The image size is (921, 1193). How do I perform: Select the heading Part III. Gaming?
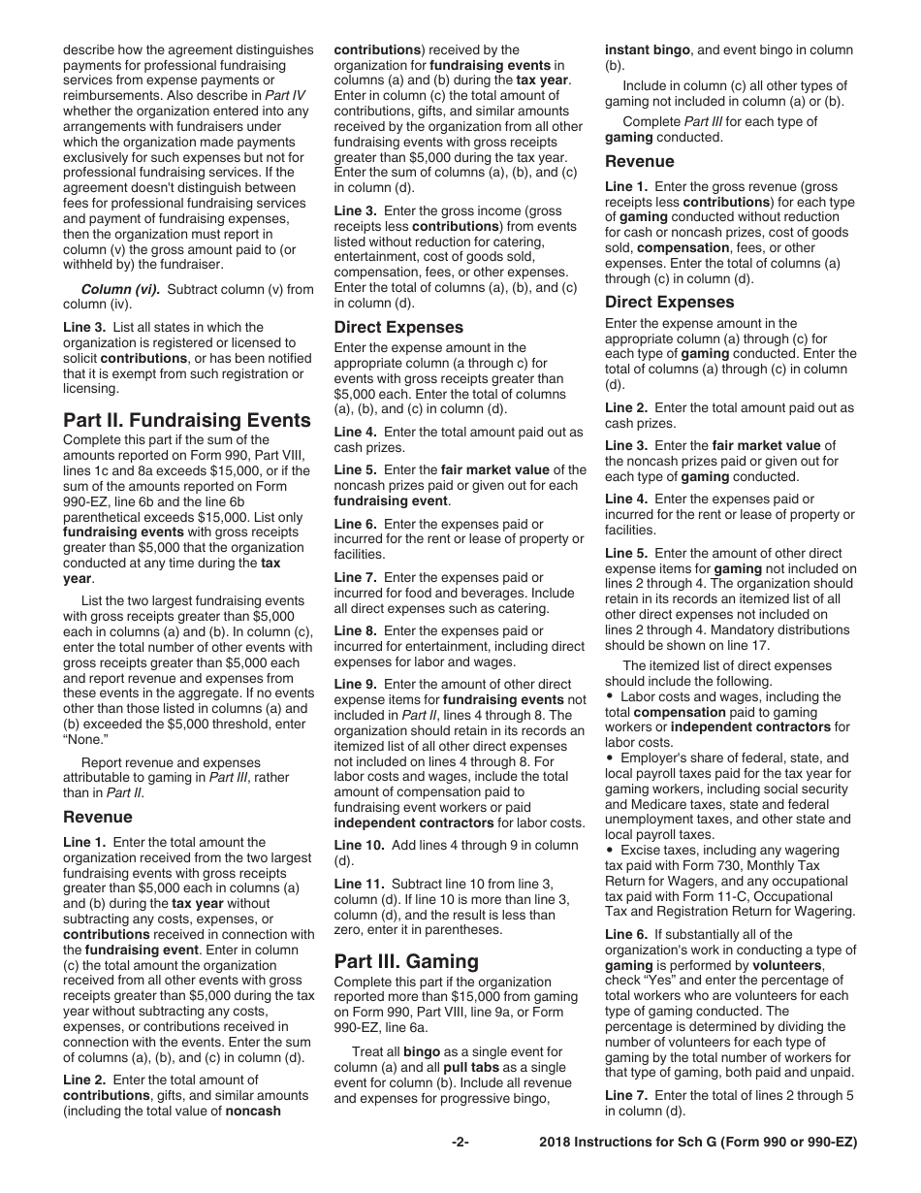(x=406, y=961)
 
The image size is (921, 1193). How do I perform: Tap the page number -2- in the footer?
(x=460, y=1143)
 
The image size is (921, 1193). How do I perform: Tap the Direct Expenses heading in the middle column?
(x=398, y=327)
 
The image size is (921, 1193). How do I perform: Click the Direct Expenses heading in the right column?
(x=670, y=302)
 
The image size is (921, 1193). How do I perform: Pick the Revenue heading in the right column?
(x=640, y=162)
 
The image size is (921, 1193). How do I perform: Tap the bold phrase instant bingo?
(x=648, y=49)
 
